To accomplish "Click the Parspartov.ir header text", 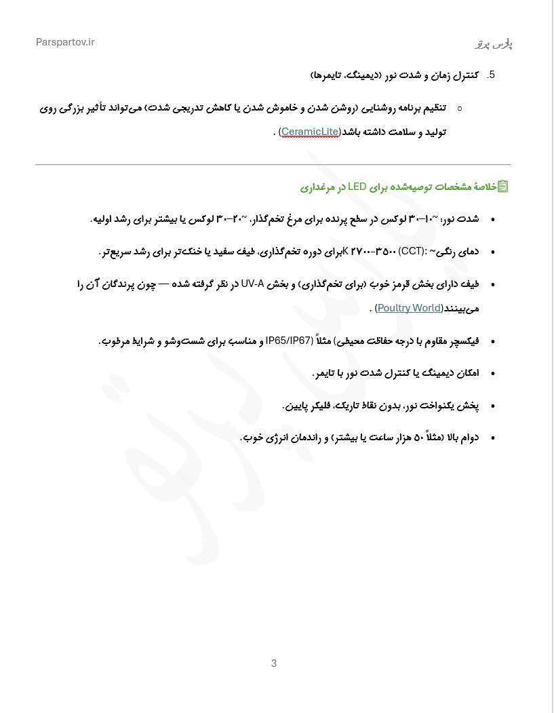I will point(65,42).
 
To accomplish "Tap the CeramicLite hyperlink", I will point(310,132).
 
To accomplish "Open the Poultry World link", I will point(409,308).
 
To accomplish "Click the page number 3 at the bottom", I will point(274,663).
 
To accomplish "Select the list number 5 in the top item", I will point(491,75).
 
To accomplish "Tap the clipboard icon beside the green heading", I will point(503,186).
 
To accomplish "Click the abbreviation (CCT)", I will point(412,252).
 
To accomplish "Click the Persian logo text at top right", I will point(493,44).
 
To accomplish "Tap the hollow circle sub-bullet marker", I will point(460,108).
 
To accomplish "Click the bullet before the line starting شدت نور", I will point(493,219).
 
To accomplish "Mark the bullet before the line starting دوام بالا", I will point(493,438).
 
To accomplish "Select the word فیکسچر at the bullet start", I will point(463,341).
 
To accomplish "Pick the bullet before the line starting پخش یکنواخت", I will point(493,406).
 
